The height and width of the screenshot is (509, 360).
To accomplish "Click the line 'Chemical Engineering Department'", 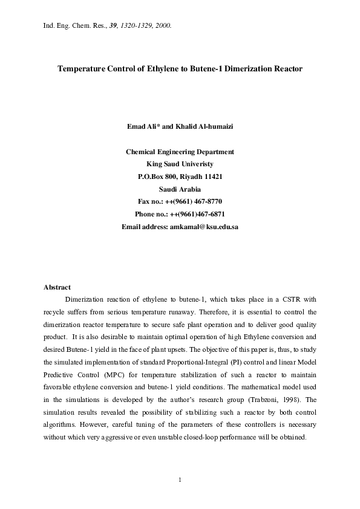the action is tap(180, 152).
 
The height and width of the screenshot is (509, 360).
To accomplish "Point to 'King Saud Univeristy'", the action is tap(180, 164).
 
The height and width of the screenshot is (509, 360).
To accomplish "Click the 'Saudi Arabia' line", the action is tap(180, 189).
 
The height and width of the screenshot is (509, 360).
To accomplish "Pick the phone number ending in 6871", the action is tap(208, 214).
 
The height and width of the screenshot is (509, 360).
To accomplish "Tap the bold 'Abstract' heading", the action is tap(57, 287).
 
